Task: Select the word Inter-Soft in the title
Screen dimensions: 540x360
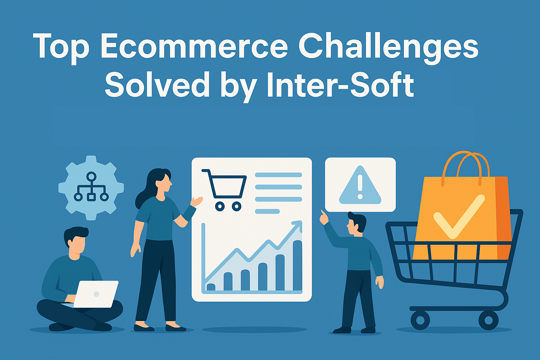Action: pyautogui.click(x=340, y=84)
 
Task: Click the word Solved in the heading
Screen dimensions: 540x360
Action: pyautogui.click(x=157, y=84)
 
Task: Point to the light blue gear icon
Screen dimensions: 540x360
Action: pyautogui.click(x=91, y=188)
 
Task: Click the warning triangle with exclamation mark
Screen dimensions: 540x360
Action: pyautogui.click(x=360, y=185)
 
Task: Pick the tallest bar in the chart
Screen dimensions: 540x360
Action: pyautogui.click(x=297, y=265)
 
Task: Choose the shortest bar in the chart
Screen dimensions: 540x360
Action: pyautogui.click(x=211, y=287)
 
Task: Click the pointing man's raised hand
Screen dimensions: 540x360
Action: pyautogui.click(x=324, y=217)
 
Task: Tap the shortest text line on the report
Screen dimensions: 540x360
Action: pyautogui.click(x=267, y=212)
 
